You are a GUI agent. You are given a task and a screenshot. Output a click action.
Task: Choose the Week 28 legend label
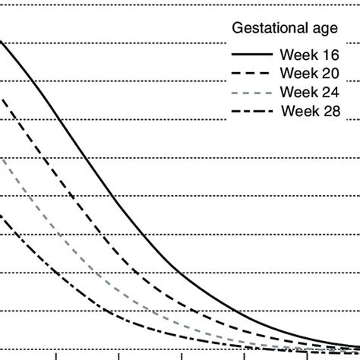coord(311,111)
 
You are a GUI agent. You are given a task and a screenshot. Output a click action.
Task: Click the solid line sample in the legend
coord(251,55)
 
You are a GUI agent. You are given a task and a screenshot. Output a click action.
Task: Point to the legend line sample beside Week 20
coord(251,74)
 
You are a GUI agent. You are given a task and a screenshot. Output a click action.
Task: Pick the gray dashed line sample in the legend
coord(251,92)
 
